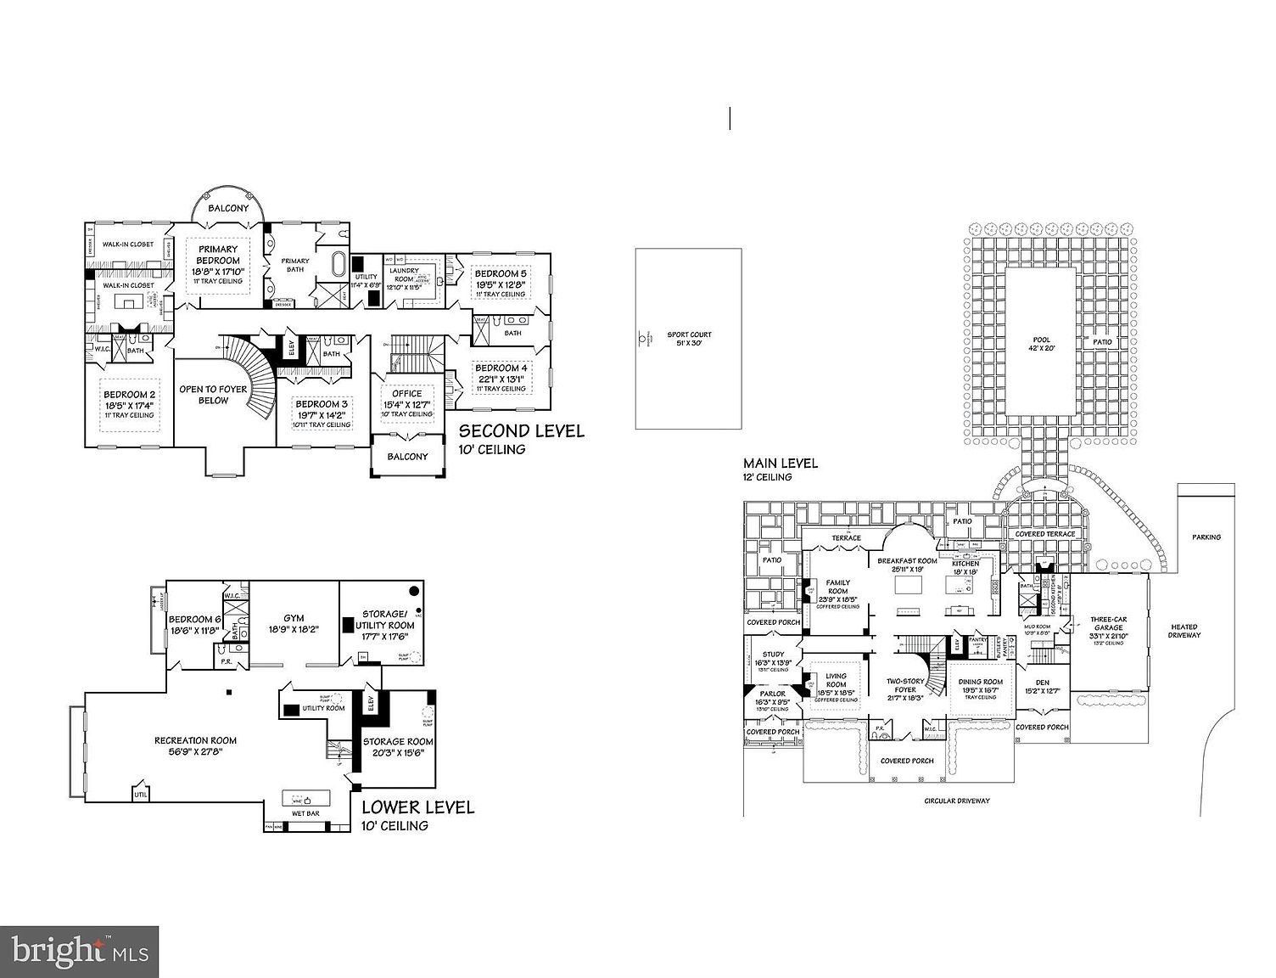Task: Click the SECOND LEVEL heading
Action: tap(521, 431)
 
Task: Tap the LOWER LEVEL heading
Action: tap(417, 807)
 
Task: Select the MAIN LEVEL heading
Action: tap(781, 464)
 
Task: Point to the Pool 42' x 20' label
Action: tap(1041, 344)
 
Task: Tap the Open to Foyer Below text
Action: tap(213, 395)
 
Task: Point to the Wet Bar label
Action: tap(305, 813)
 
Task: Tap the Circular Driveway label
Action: tap(957, 801)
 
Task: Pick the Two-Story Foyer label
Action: tap(904, 686)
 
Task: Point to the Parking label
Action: tap(1206, 537)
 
